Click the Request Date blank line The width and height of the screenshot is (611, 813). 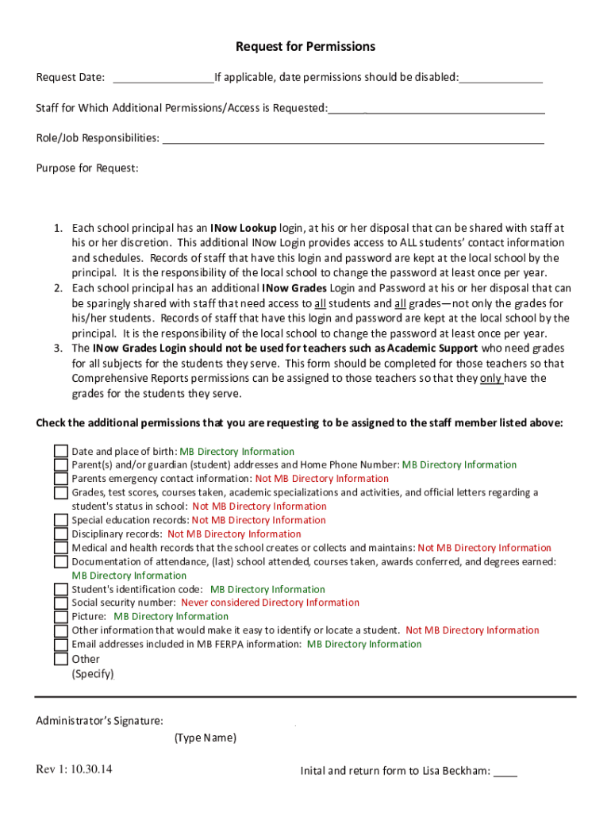(x=163, y=78)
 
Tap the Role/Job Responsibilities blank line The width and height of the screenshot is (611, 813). (x=353, y=139)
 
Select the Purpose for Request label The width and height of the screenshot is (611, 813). (x=87, y=168)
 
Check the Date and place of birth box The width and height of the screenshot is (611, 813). (x=61, y=452)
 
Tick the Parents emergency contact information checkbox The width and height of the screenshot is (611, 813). (x=61, y=479)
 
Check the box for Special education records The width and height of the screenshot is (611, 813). (x=61, y=520)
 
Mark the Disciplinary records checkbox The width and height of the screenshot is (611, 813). (x=61, y=534)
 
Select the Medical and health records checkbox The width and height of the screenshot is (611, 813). (x=61, y=548)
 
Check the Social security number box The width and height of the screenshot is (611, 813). (x=61, y=603)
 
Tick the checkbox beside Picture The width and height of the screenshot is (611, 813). (x=61, y=617)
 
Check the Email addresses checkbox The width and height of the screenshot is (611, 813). (x=61, y=644)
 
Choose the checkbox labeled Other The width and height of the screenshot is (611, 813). (x=61, y=658)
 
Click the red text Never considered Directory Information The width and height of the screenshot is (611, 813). (x=270, y=603)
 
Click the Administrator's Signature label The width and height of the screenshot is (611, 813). (x=100, y=721)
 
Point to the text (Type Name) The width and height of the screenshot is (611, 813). (x=205, y=738)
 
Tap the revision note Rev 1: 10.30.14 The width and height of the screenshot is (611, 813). (x=74, y=769)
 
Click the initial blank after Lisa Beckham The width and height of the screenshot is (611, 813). (x=505, y=771)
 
